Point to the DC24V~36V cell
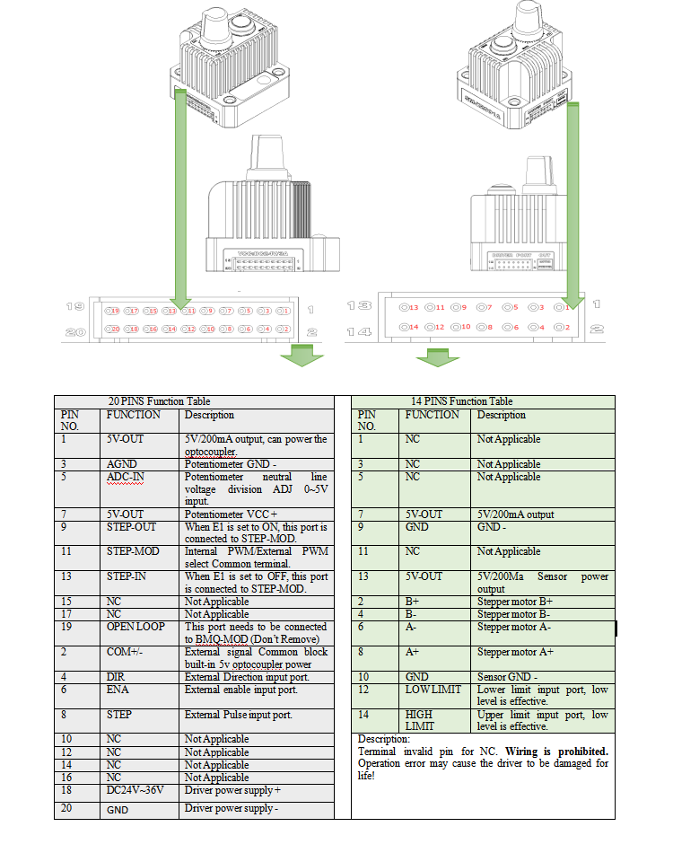tap(135, 790)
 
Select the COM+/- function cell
tap(127, 652)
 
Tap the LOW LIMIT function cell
tap(434, 690)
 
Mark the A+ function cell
tap(413, 653)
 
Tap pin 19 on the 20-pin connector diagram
tap(113, 311)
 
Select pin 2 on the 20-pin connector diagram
tap(284, 330)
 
